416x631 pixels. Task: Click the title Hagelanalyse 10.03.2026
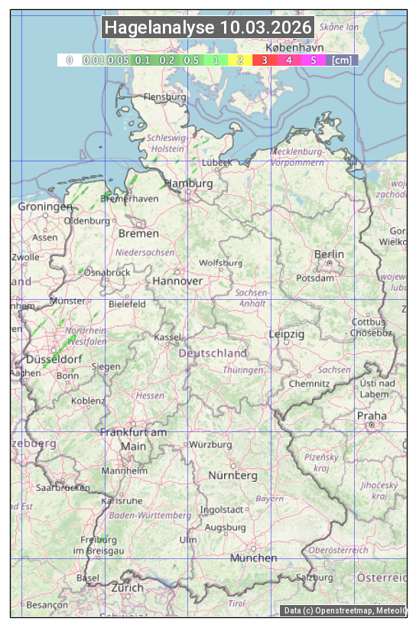pyautogui.click(x=208, y=28)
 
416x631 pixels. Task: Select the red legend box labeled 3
pyautogui.click(x=264, y=60)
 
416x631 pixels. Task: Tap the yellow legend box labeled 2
pyautogui.click(x=240, y=60)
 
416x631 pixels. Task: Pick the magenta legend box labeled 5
pyautogui.click(x=313, y=60)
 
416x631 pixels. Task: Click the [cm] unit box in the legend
pyautogui.click(x=341, y=60)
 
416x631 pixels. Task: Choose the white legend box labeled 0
pyautogui.click(x=69, y=60)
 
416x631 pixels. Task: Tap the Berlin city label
pyautogui.click(x=329, y=254)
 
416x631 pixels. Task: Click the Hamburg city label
pyautogui.click(x=189, y=184)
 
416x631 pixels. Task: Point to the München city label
pyautogui.click(x=253, y=558)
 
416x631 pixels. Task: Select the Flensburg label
pyautogui.click(x=165, y=98)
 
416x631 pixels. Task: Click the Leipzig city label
pyautogui.click(x=287, y=334)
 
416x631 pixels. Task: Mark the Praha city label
pyautogui.click(x=372, y=415)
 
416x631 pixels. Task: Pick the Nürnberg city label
pyautogui.click(x=233, y=475)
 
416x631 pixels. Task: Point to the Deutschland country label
pyautogui.click(x=213, y=353)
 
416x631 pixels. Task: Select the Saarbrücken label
pyautogui.click(x=63, y=487)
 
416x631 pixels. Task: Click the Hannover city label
pyautogui.click(x=177, y=281)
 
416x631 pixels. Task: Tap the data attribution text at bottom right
pyautogui.click(x=345, y=610)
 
